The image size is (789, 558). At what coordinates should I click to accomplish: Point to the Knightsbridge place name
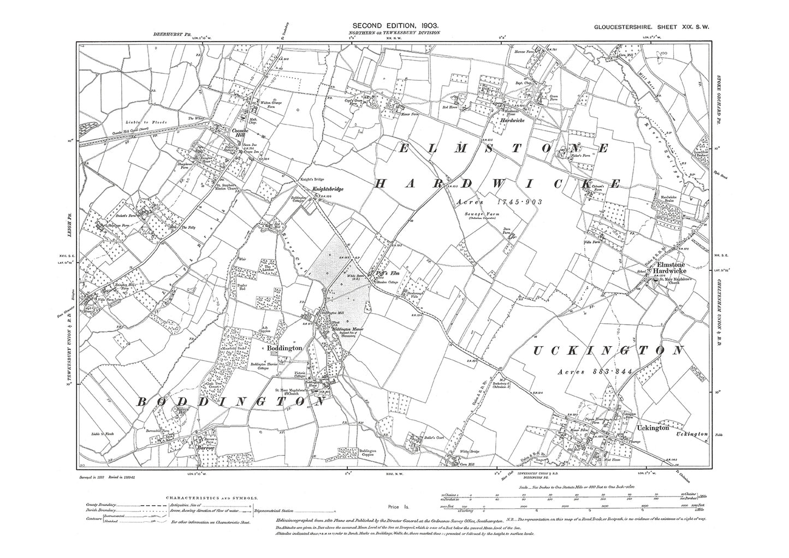point(328,189)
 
